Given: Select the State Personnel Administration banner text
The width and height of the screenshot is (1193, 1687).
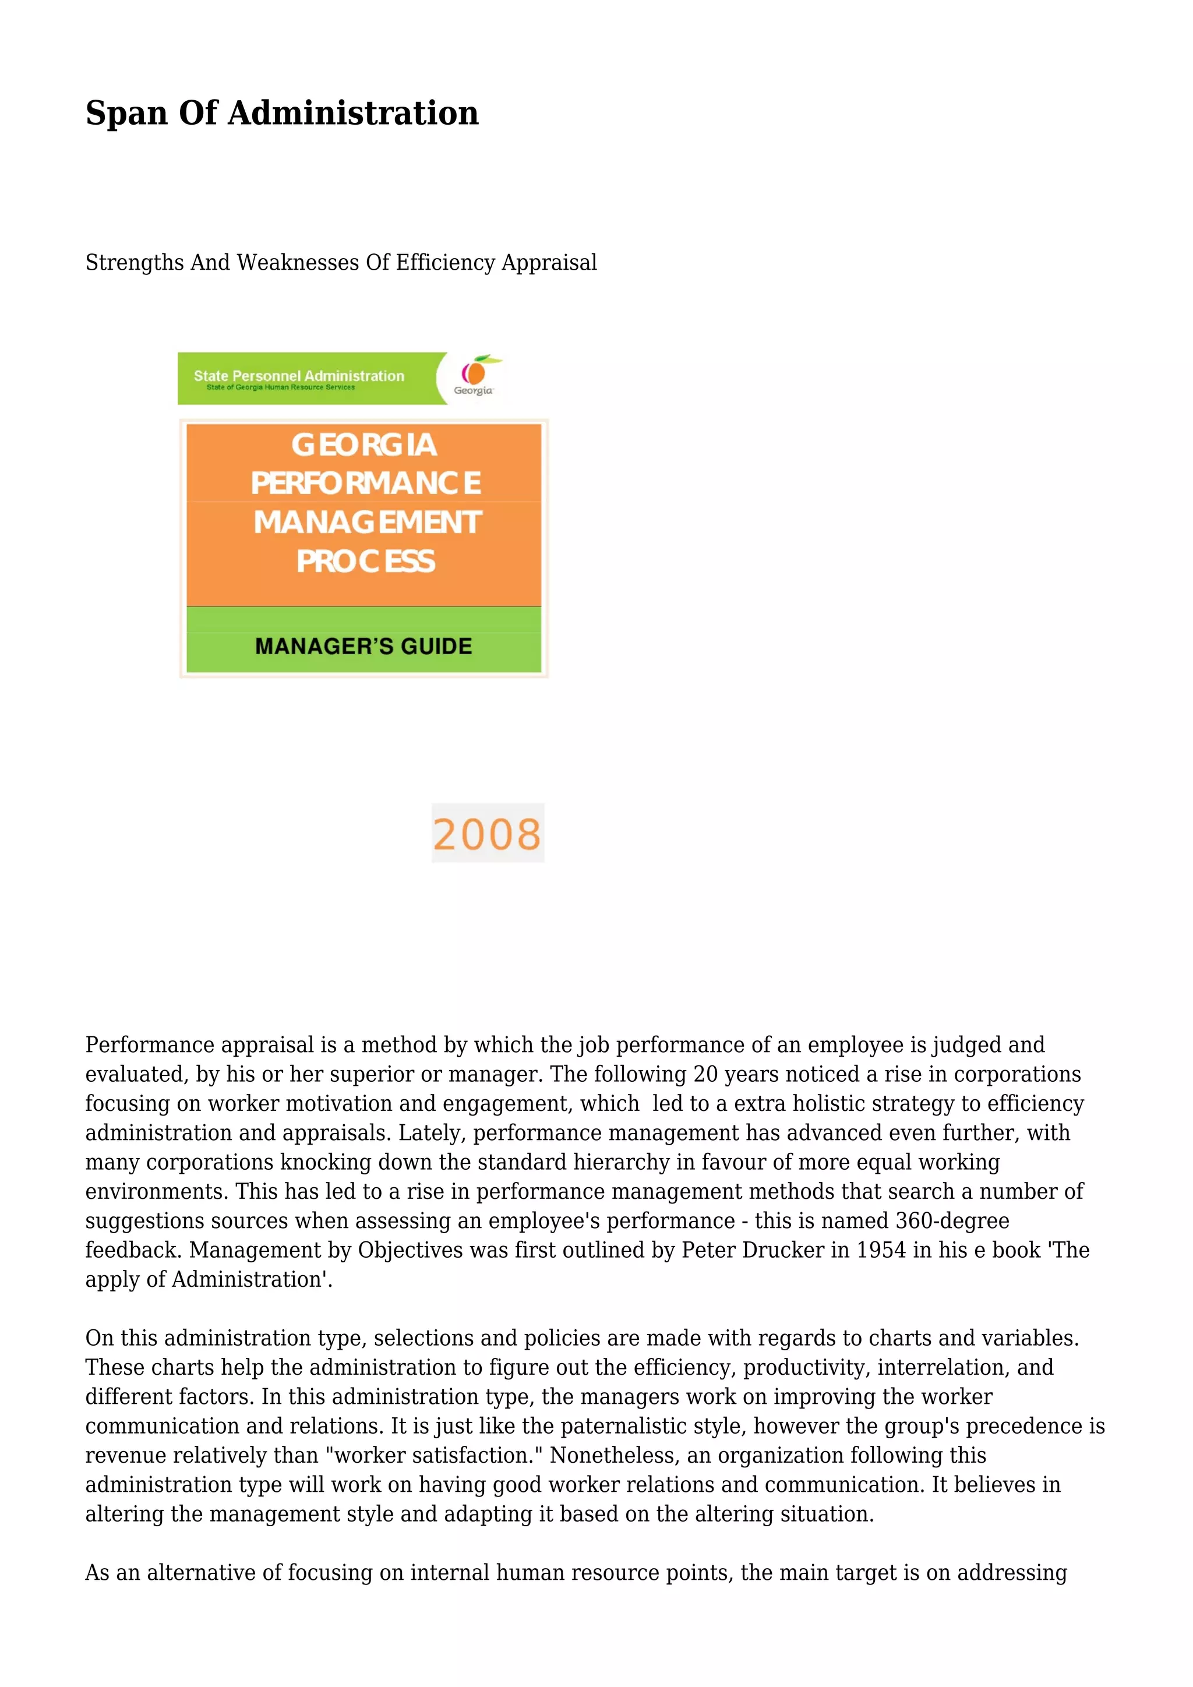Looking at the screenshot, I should pyautogui.click(x=299, y=376).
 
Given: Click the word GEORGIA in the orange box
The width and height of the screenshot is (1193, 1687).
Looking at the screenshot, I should pyautogui.click(x=363, y=444).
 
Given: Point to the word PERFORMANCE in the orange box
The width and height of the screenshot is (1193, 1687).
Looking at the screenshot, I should pyautogui.click(x=365, y=483).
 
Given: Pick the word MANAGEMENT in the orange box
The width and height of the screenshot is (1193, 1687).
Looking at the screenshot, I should pyautogui.click(x=368, y=523).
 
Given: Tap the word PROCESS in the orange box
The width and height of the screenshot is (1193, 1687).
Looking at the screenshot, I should pyautogui.click(x=365, y=562).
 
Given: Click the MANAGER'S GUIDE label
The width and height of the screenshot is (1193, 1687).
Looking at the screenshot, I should pyautogui.click(x=363, y=646).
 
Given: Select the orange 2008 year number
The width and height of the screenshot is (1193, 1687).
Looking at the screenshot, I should pyautogui.click(x=487, y=834).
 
